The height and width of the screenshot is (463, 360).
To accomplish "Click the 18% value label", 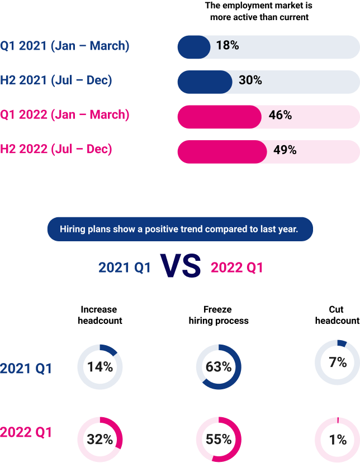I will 228,46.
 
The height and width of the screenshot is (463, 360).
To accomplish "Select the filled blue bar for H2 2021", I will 204,82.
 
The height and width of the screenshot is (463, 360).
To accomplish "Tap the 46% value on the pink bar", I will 280,116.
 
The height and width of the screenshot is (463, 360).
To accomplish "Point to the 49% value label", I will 285,150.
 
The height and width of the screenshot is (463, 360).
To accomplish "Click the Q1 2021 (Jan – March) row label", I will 65,46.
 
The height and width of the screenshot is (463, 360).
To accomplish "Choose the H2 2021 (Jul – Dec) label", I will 56,80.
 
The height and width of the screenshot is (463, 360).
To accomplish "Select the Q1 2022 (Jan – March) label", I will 65,115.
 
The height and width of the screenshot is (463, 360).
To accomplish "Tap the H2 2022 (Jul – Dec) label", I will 56,150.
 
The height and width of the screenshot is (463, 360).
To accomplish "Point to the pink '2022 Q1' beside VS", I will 237,268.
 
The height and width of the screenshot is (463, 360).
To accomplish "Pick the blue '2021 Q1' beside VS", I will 125,268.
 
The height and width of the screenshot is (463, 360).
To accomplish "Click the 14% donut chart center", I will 100,367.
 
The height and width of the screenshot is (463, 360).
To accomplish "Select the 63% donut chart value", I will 219,367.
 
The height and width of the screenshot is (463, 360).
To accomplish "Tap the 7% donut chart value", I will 338,362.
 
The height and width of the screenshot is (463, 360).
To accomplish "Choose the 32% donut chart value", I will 100,439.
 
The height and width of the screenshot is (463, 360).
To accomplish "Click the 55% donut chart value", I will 219,439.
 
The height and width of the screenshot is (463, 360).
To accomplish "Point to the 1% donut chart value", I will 338,439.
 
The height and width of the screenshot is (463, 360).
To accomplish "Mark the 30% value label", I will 250,80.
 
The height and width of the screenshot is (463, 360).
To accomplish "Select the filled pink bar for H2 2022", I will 221,151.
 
